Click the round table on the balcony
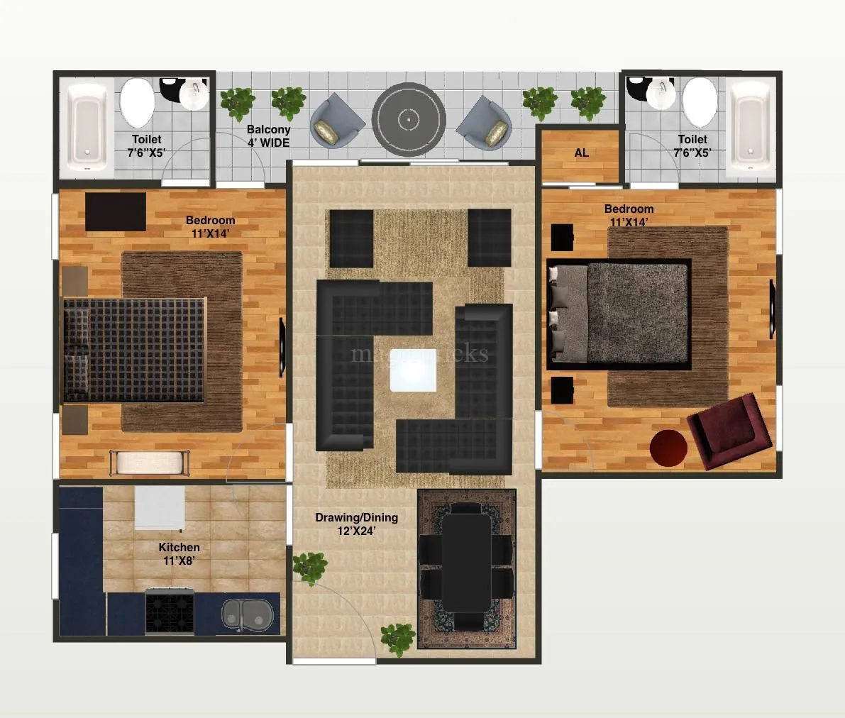(409, 119)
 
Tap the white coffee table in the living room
(413, 370)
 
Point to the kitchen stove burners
(169, 611)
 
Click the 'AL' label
(581, 153)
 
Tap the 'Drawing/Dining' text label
(356, 517)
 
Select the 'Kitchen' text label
(179, 547)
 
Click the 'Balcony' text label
(268, 130)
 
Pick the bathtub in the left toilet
(87, 129)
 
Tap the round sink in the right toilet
(661, 94)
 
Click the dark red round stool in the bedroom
(668, 448)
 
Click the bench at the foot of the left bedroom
(150, 463)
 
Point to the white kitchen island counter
(160, 508)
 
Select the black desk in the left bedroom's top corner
(116, 211)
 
